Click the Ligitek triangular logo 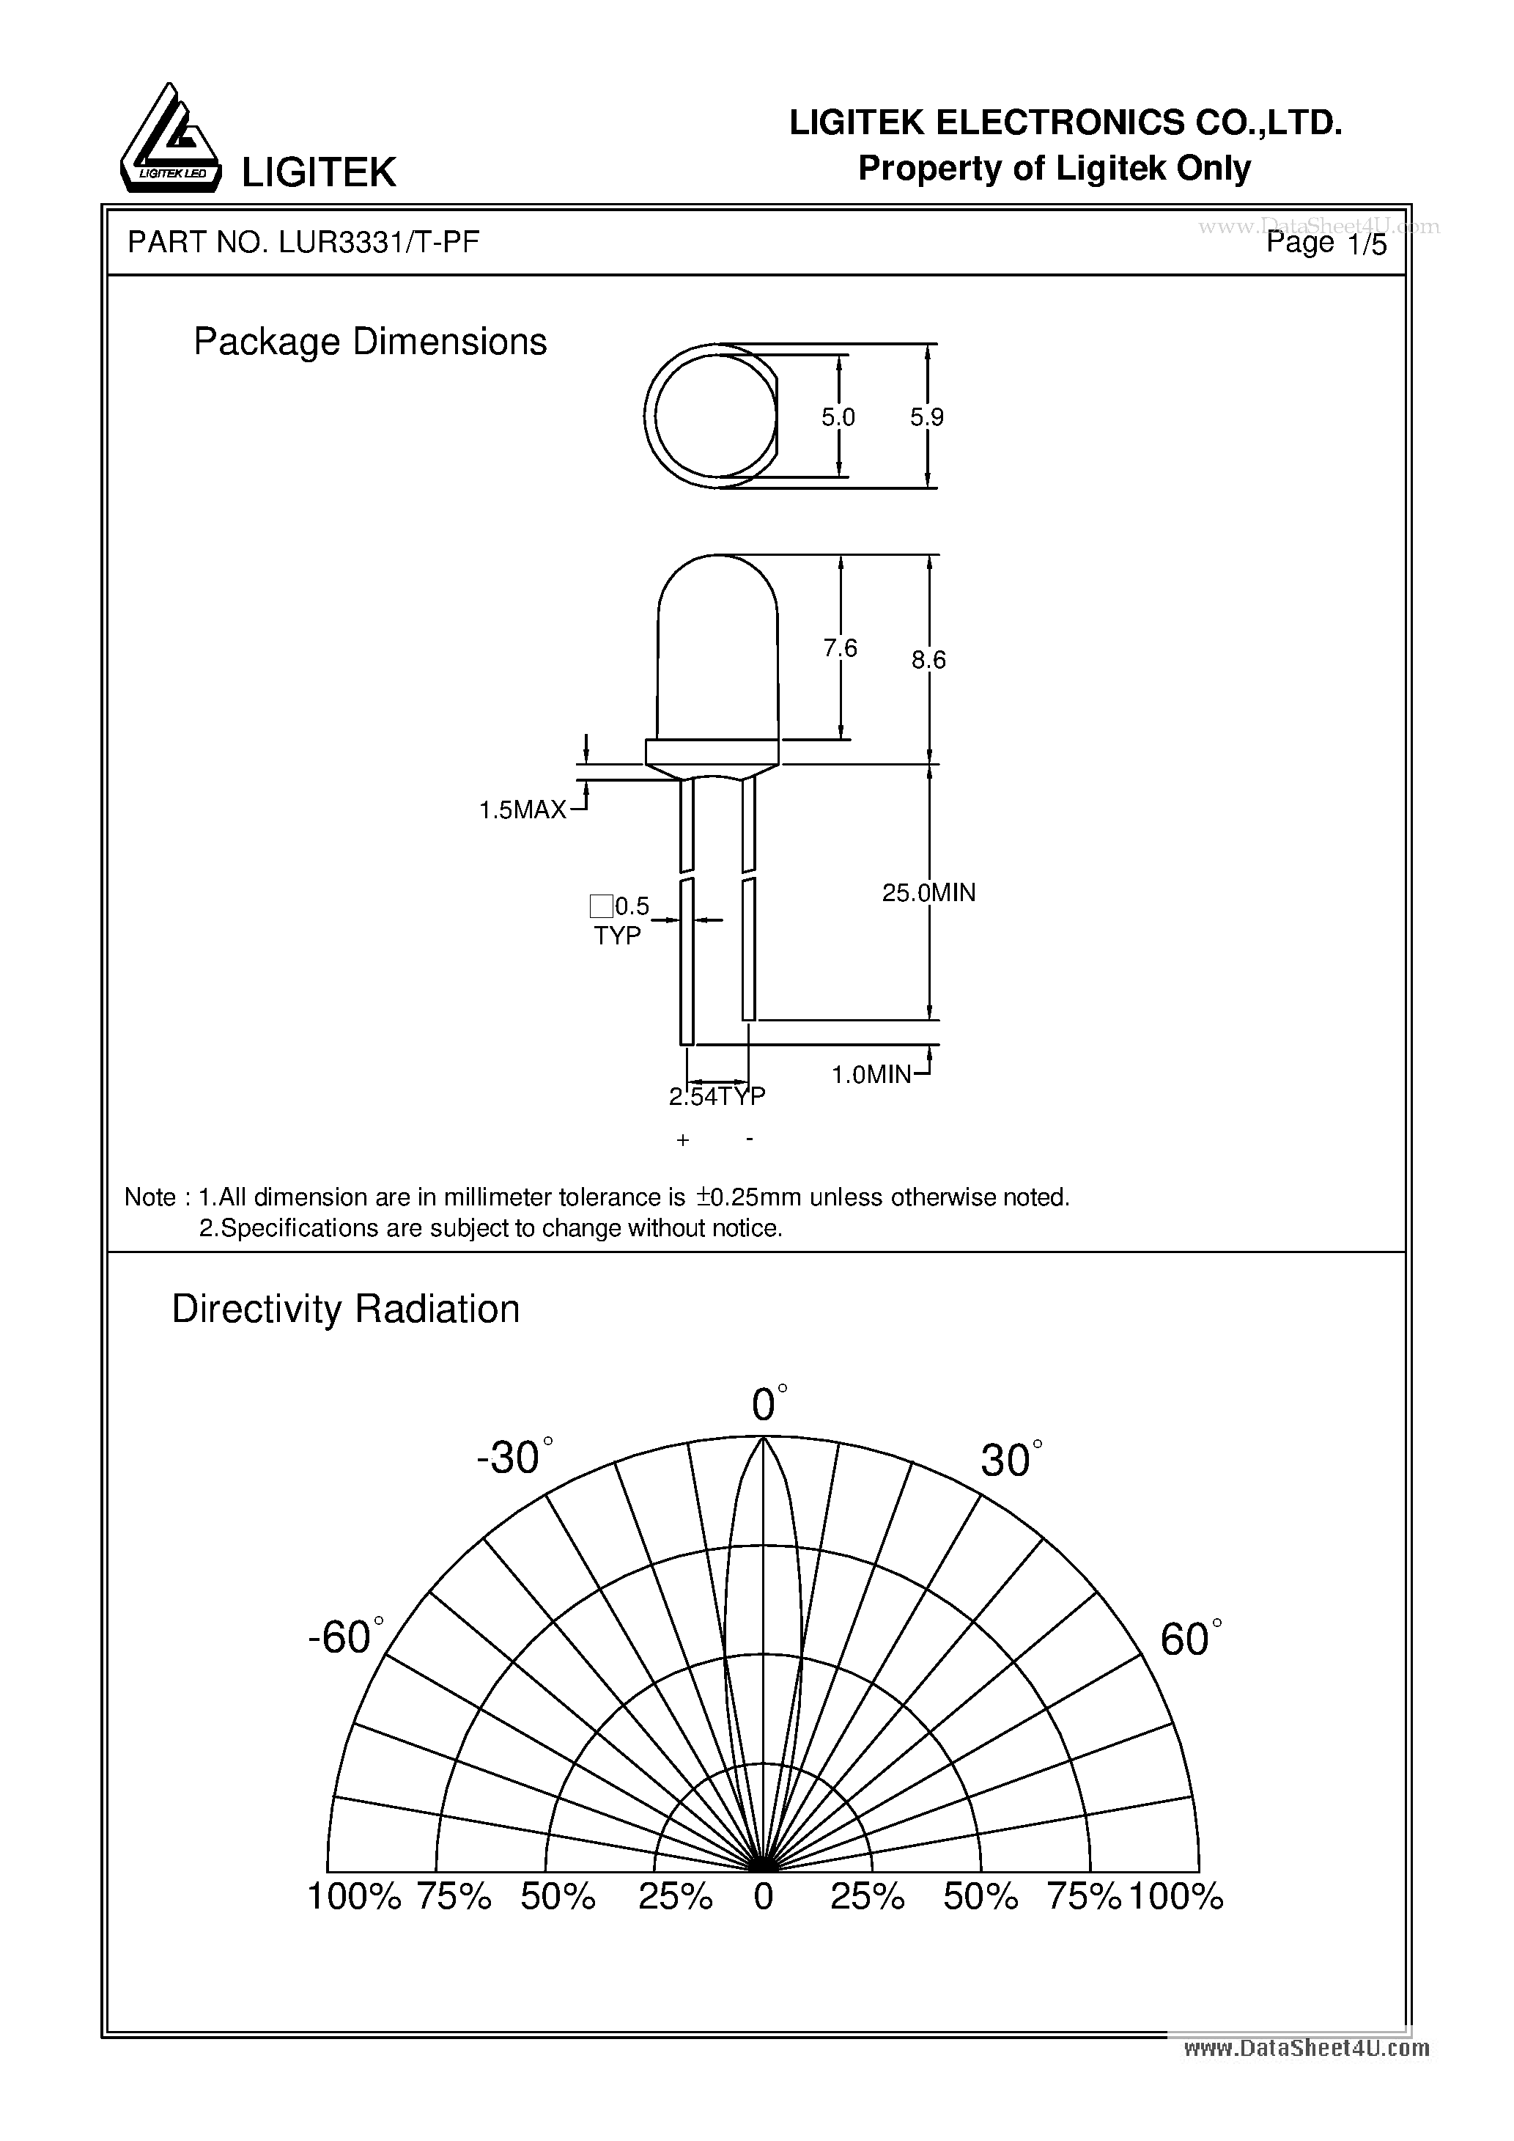[x=171, y=140]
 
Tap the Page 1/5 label [x=1326, y=243]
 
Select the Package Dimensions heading [x=369, y=342]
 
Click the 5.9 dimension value [x=927, y=418]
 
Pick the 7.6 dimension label [x=840, y=647]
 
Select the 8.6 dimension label [x=928, y=660]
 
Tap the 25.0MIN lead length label [x=928, y=892]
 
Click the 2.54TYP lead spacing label [x=716, y=1097]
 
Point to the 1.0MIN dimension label [x=871, y=1074]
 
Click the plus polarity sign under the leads [x=682, y=1140]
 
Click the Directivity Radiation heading [x=345, y=1310]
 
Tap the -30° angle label [x=509, y=1458]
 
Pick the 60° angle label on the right [x=1186, y=1639]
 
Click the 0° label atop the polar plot [x=764, y=1404]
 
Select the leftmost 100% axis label [x=353, y=1896]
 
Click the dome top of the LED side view [x=718, y=559]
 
